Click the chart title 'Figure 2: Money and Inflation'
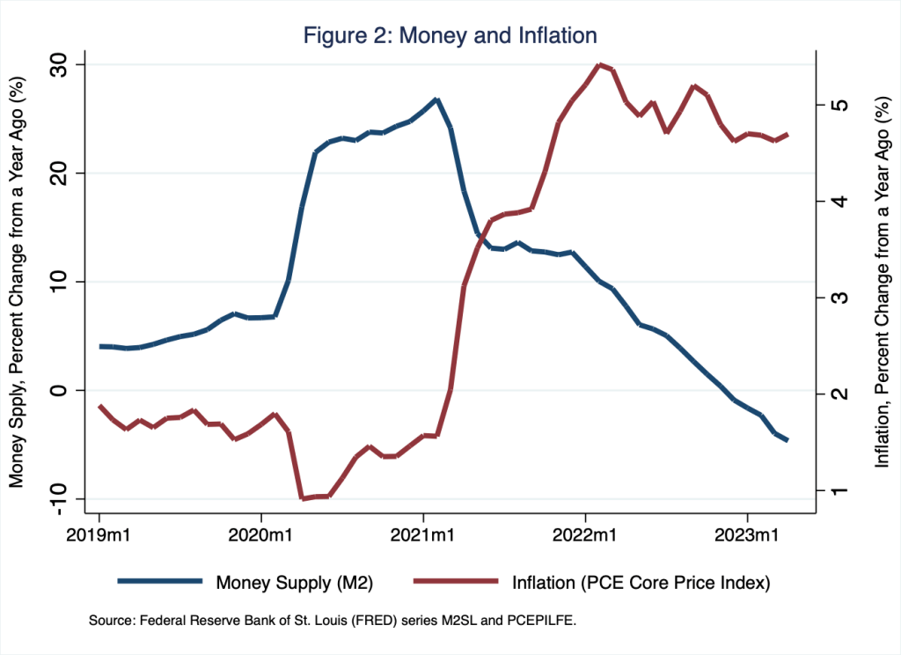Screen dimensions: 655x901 (x=450, y=35)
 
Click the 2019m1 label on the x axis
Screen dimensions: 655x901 (x=99, y=533)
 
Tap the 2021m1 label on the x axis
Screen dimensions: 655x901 (x=423, y=533)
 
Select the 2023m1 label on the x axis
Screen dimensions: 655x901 (x=747, y=533)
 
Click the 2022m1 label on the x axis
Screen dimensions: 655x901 (x=585, y=533)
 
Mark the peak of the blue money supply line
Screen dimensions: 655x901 (x=436, y=99)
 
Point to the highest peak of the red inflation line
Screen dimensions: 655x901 (x=599, y=64)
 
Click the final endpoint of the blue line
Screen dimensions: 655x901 (x=787, y=439)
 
